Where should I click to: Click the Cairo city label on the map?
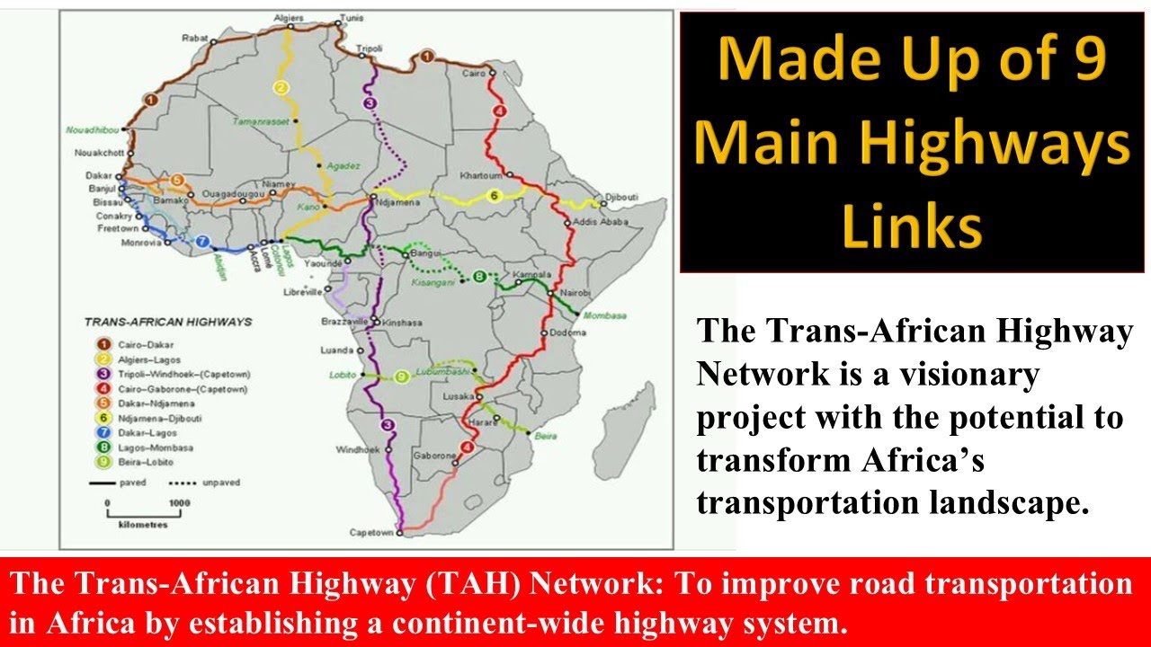pos(474,72)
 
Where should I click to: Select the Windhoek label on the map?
pos(352,449)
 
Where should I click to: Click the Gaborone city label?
pos(432,456)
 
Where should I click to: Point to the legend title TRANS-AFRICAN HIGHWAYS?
pos(167,321)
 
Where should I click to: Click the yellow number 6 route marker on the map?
pos(493,196)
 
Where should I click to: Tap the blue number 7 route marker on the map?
pos(202,241)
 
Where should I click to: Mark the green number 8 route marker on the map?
pos(480,276)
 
